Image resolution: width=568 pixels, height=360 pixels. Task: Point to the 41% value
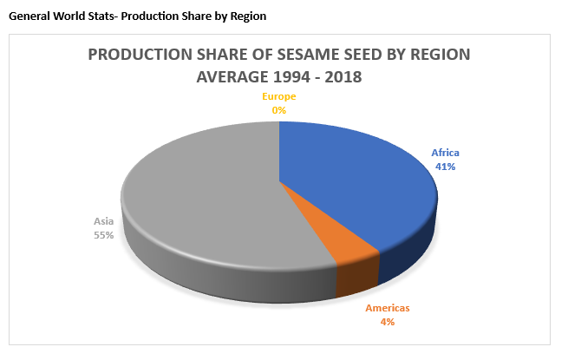[446, 167]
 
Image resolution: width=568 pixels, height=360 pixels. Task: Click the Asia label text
[103, 222]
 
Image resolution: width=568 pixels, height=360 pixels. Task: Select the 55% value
[104, 235]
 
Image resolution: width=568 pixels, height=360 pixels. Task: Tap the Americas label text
[387, 309]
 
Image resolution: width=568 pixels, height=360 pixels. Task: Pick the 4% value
[387, 322]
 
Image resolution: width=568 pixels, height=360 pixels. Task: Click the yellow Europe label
[279, 97]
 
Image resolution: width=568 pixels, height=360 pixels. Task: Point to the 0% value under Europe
[279, 110]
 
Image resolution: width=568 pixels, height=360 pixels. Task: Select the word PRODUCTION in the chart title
[139, 55]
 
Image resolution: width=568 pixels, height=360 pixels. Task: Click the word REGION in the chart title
[438, 55]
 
